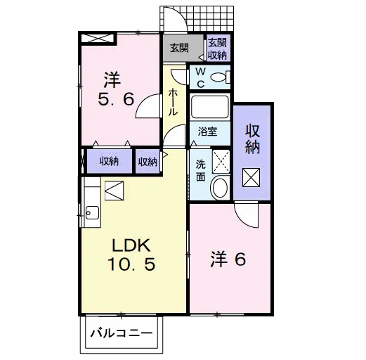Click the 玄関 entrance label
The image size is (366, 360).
click(179, 48)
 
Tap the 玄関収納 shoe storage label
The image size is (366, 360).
click(218, 49)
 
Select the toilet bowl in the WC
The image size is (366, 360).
click(220, 77)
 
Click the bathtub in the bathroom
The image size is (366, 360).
click(210, 107)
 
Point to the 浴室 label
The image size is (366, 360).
click(207, 131)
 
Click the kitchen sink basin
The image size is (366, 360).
click(92, 212)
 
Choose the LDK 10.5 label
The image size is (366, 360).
click(131, 255)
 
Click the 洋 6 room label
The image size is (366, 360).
click(228, 259)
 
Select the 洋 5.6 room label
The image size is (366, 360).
click(116, 89)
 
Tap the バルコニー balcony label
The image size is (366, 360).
click(122, 333)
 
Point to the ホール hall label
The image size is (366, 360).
click(173, 102)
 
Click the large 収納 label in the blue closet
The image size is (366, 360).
click(252, 139)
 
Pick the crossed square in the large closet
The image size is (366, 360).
click(251, 177)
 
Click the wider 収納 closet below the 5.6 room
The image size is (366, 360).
click(109, 162)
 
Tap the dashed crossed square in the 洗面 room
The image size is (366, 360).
click(221, 162)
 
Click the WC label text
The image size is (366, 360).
click(200, 77)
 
